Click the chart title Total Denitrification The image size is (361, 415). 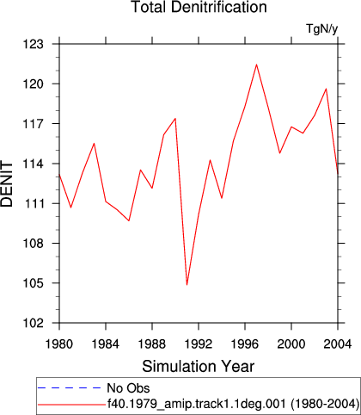(199, 7)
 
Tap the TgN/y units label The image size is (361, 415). (322, 28)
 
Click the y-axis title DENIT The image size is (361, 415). (7, 184)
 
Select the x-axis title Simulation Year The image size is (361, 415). (199, 367)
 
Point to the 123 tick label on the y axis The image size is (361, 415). (34, 44)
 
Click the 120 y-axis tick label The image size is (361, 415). (34, 84)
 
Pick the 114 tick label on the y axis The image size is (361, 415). (34, 164)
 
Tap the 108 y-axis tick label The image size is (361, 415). (34, 244)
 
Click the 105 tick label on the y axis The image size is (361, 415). (34, 283)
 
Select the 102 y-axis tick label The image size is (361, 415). (34, 323)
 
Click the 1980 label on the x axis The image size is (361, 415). (59, 344)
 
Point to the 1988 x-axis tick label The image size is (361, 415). (152, 344)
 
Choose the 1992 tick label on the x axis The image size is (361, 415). (199, 344)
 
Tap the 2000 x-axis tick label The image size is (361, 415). (291, 344)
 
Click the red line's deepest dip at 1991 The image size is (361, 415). (187, 285)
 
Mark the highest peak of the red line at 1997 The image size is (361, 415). (256, 65)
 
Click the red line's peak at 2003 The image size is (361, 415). (326, 89)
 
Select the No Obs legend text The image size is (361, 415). (128, 388)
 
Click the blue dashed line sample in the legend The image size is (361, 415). (69, 388)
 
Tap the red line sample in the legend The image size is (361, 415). (71, 405)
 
